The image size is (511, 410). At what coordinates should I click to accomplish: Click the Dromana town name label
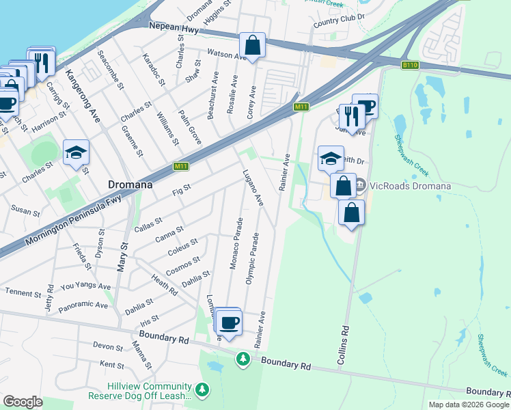[x=130, y=184]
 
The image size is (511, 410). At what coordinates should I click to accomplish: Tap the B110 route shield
[x=410, y=65]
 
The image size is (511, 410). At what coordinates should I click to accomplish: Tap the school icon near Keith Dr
[x=331, y=158]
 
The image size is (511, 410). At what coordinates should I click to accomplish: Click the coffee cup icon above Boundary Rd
[x=230, y=321]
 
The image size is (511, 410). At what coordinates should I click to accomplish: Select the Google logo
[x=23, y=402]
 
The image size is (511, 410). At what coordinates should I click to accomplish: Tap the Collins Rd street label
[x=345, y=338]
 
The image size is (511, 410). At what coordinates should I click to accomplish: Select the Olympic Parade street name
[x=251, y=260]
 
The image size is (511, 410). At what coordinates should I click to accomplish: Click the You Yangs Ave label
[x=85, y=287]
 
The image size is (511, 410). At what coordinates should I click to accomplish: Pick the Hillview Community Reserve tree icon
[x=202, y=389]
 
